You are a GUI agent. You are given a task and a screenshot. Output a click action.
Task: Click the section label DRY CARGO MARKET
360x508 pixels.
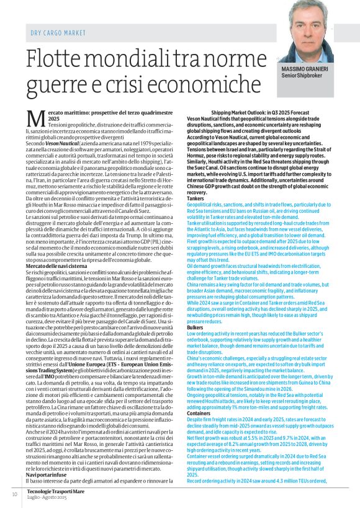58,32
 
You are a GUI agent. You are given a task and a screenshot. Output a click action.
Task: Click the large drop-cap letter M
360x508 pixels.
35,117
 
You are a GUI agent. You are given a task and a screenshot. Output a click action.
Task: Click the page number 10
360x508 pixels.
14,494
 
